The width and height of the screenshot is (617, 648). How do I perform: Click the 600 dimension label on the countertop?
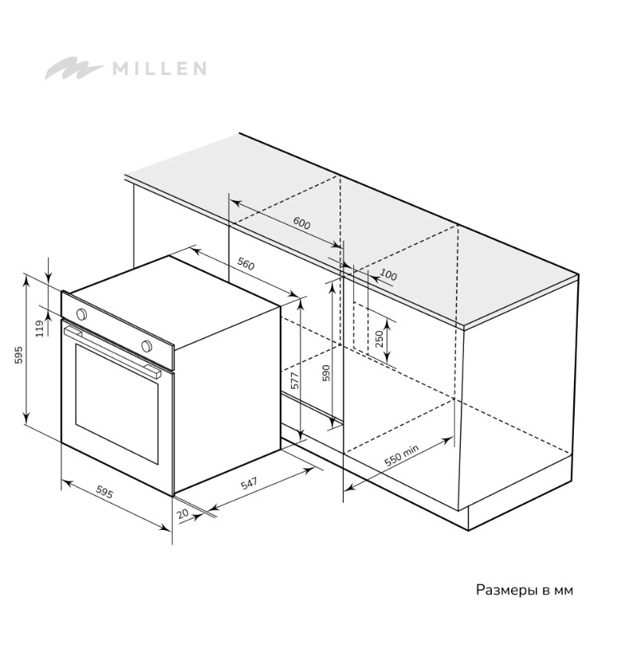(301, 223)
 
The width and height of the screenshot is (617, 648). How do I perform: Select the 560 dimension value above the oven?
(246, 263)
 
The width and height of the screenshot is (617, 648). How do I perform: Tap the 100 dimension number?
(388, 274)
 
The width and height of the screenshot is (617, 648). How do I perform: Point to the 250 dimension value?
(379, 339)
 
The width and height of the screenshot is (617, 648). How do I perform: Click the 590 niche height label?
(326, 373)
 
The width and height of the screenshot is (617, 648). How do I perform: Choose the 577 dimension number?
(295, 380)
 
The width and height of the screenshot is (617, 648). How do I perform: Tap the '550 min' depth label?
(401, 455)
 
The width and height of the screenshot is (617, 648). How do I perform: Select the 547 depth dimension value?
(249, 483)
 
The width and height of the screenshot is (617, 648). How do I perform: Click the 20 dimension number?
(183, 514)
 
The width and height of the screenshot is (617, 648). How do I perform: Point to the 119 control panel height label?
(40, 329)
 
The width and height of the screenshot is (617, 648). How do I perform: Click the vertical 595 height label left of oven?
(18, 355)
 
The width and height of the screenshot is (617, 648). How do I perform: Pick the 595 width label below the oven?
(104, 492)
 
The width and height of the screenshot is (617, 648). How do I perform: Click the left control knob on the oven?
(82, 314)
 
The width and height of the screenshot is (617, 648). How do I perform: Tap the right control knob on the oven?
(146, 346)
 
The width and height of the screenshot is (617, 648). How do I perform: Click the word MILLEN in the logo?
(159, 68)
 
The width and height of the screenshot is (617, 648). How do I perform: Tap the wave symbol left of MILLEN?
(73, 68)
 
